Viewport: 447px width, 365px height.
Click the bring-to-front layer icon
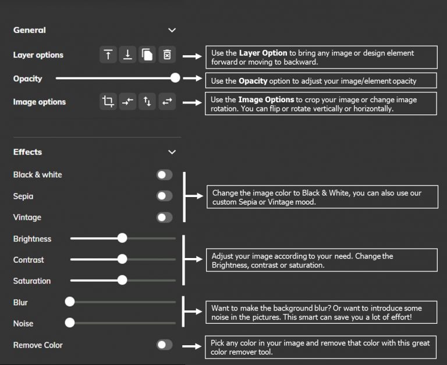[x=108, y=55]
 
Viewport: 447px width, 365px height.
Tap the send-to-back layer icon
[x=128, y=55]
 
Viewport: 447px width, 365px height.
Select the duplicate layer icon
[x=147, y=55]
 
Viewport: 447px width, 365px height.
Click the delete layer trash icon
[x=167, y=55]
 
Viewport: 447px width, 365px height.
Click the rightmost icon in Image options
[x=167, y=102]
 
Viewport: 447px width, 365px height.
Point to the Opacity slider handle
[x=175, y=78]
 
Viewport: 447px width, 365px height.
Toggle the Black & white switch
[x=164, y=175]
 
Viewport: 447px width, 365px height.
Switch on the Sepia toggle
[x=164, y=196]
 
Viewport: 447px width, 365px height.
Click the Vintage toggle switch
[x=164, y=217]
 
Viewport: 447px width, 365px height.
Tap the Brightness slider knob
[x=122, y=238]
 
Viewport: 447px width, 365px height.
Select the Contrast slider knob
[x=122, y=259]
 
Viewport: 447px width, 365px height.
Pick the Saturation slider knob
[x=122, y=280]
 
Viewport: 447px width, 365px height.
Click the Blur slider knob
[x=70, y=302]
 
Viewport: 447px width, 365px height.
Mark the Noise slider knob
[x=70, y=323]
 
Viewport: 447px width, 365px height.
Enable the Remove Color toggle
[x=164, y=345]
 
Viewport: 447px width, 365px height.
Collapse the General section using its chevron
[x=172, y=30]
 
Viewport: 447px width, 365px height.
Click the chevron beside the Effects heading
[x=172, y=152]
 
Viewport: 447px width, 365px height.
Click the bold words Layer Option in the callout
[x=263, y=53]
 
